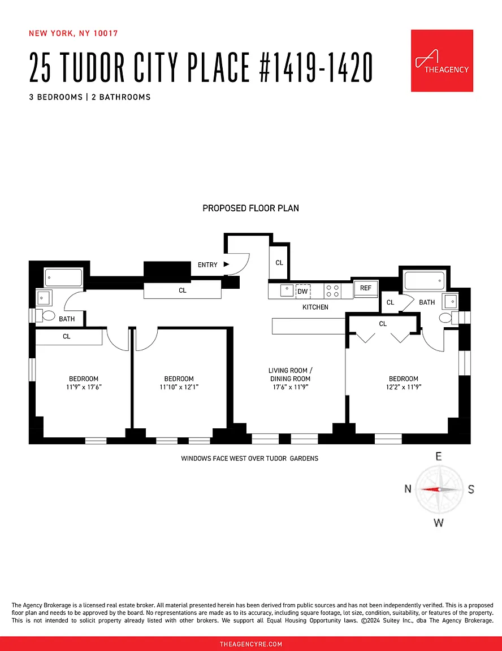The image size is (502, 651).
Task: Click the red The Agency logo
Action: click(x=442, y=60)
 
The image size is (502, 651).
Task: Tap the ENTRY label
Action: click(x=207, y=264)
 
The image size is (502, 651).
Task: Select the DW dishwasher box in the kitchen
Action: click(x=302, y=291)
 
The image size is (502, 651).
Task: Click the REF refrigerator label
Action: click(x=366, y=288)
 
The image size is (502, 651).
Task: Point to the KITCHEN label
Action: click(x=315, y=307)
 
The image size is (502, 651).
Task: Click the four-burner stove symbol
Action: click(x=332, y=291)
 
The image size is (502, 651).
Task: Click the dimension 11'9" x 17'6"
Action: click(x=84, y=387)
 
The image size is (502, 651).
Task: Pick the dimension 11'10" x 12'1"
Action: click(x=179, y=387)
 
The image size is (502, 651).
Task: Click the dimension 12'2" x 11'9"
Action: click(x=403, y=387)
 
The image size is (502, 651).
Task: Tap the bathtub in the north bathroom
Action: click(x=64, y=277)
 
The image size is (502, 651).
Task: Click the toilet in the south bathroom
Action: click(x=446, y=318)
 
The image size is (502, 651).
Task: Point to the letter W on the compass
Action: click(x=439, y=523)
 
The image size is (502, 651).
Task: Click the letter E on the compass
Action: click(x=438, y=457)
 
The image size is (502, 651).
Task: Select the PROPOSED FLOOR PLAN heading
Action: click(x=250, y=209)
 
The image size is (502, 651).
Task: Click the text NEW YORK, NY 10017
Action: click(x=73, y=33)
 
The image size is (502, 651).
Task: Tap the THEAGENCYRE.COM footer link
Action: click(x=250, y=644)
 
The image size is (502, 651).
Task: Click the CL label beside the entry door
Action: click(x=279, y=263)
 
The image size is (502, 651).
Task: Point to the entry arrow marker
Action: click(x=226, y=264)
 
